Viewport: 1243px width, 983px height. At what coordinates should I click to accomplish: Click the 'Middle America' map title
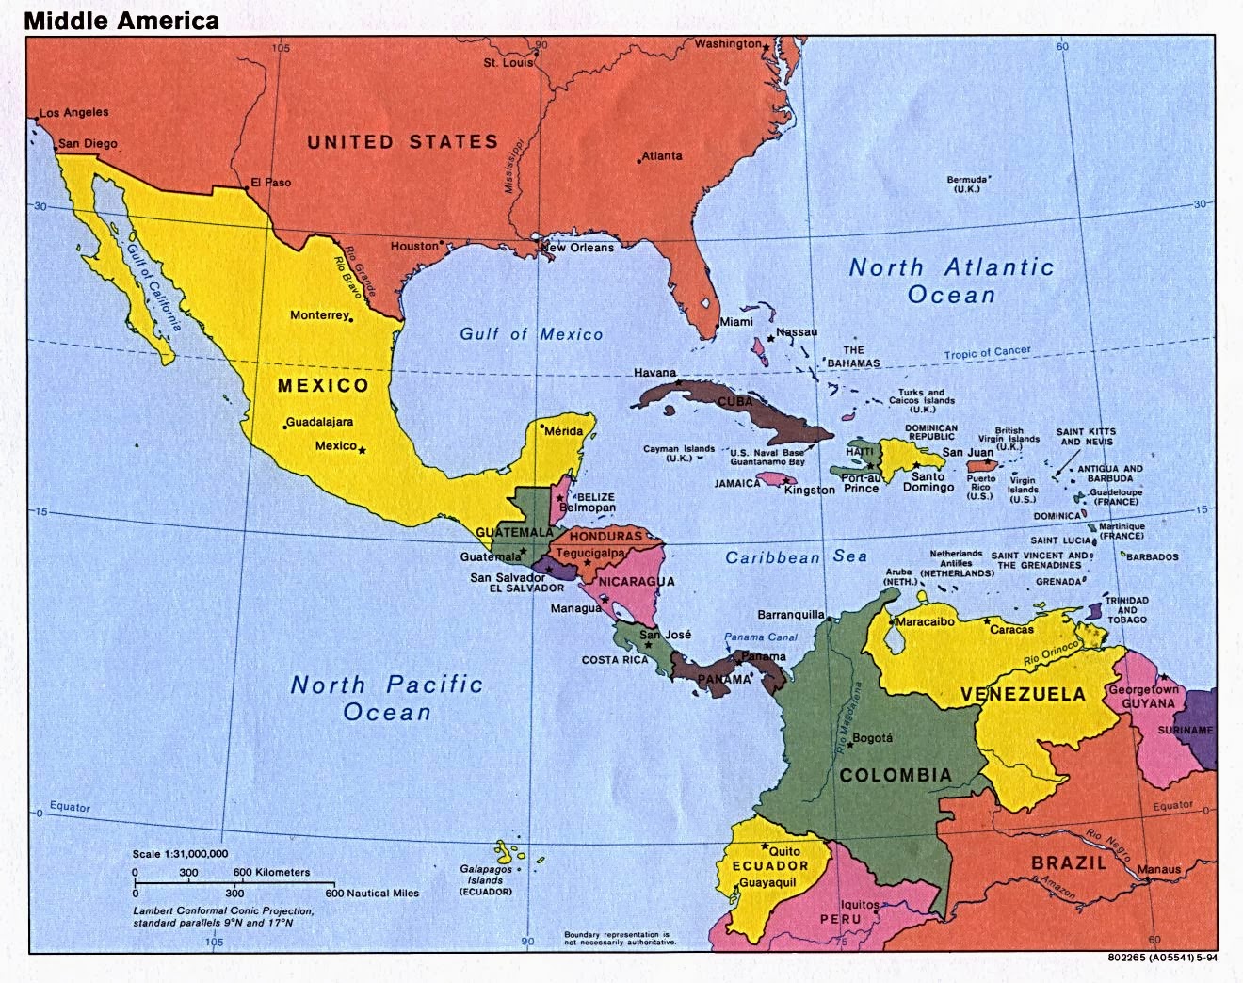tap(122, 20)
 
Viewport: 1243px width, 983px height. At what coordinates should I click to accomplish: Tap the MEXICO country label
tap(323, 385)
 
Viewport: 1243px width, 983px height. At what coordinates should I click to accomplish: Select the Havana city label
tap(655, 373)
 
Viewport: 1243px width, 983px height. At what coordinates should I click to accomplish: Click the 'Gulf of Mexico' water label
tap(531, 334)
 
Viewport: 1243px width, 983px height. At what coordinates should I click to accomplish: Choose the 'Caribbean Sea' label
tap(796, 557)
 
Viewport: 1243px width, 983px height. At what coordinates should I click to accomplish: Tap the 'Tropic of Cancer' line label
tap(987, 353)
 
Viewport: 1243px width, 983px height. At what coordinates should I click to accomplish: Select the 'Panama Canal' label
tap(761, 637)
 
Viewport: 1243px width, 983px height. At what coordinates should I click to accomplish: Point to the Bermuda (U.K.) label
tap(966, 184)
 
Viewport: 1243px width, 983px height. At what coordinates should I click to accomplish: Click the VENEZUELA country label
tap(1023, 695)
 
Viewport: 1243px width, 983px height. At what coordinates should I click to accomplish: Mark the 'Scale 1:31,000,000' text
tap(181, 853)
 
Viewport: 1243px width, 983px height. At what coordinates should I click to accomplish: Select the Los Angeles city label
tap(74, 112)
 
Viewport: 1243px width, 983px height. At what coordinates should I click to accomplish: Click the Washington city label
tap(728, 43)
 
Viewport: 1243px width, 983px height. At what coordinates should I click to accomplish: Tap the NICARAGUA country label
tap(637, 581)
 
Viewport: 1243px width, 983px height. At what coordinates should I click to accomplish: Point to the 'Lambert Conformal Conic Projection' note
tap(223, 911)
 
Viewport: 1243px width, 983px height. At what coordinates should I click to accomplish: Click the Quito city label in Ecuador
tap(784, 851)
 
